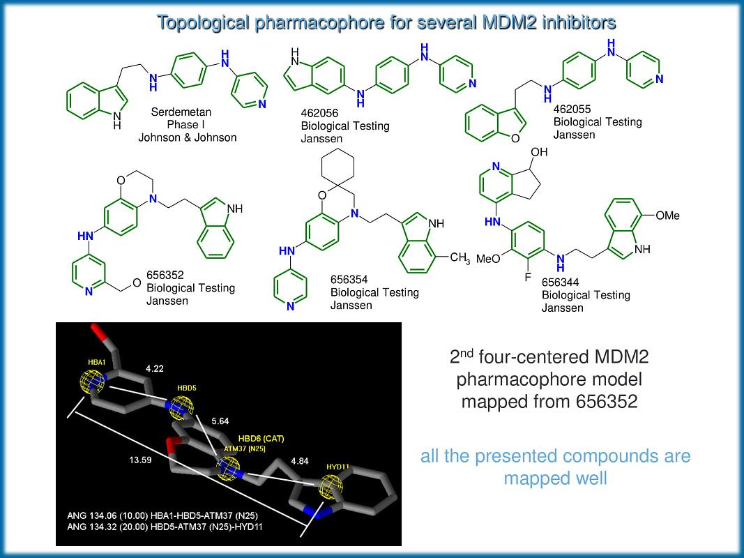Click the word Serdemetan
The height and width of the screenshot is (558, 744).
[x=181, y=112]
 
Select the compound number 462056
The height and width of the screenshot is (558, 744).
[x=318, y=114]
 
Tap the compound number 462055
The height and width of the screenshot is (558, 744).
[x=570, y=110]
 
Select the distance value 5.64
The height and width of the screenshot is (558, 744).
[x=218, y=421]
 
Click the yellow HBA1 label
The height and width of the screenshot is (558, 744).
[x=96, y=362]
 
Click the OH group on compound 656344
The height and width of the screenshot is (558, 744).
[x=539, y=151]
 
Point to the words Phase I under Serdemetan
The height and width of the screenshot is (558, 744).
[x=183, y=124]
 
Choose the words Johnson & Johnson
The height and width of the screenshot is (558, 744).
[x=188, y=137]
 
